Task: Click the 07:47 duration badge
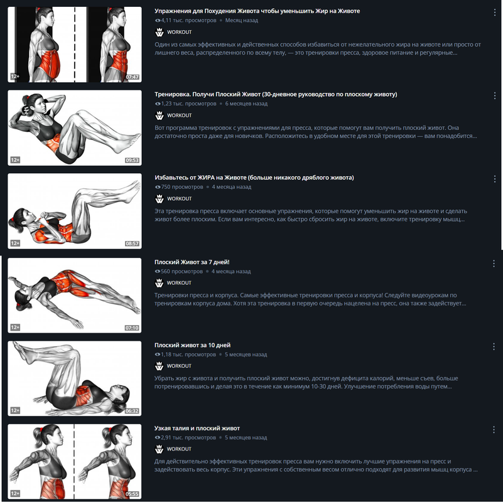point(132,77)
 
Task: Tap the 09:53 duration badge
point(132,160)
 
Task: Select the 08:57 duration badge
point(132,243)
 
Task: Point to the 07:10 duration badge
point(132,328)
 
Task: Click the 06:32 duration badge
point(132,411)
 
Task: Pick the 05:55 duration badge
point(132,494)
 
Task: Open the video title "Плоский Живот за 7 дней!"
point(192,262)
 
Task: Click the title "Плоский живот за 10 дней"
point(193,345)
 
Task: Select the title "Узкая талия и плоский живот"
point(197,429)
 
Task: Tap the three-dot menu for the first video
point(494,13)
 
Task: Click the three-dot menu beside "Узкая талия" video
point(494,430)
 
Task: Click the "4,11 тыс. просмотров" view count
point(186,21)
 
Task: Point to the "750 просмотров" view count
point(179,187)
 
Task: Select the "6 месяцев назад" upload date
point(246,104)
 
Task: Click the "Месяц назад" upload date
point(242,21)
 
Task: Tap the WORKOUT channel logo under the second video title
point(160,115)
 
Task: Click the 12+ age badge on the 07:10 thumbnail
point(15,328)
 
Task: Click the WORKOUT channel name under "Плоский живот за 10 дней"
point(179,366)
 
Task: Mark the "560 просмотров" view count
point(179,272)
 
